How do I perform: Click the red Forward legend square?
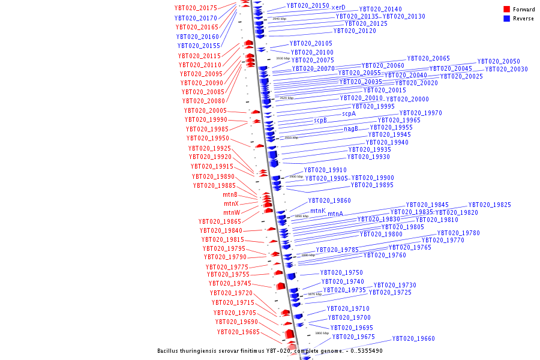click(x=507, y=10)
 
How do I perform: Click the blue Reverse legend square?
click(x=507, y=19)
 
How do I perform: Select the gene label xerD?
click(x=338, y=7)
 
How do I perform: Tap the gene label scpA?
click(x=349, y=113)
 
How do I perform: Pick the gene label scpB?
click(x=320, y=121)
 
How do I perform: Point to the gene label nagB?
click(x=351, y=128)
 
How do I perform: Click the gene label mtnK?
click(x=318, y=211)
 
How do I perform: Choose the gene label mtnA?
click(x=335, y=214)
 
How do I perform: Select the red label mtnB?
click(x=230, y=195)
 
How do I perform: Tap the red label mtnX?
click(x=231, y=204)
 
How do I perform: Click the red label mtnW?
click(x=232, y=213)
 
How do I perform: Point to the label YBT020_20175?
click(x=196, y=8)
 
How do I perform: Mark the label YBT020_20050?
click(x=499, y=62)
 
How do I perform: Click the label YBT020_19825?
click(x=490, y=205)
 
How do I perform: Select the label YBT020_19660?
click(x=413, y=339)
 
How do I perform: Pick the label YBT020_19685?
click(x=238, y=332)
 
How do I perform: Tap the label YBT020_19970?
click(x=421, y=113)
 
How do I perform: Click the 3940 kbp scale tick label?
click(x=279, y=19)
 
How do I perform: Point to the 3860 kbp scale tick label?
click(x=322, y=333)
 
